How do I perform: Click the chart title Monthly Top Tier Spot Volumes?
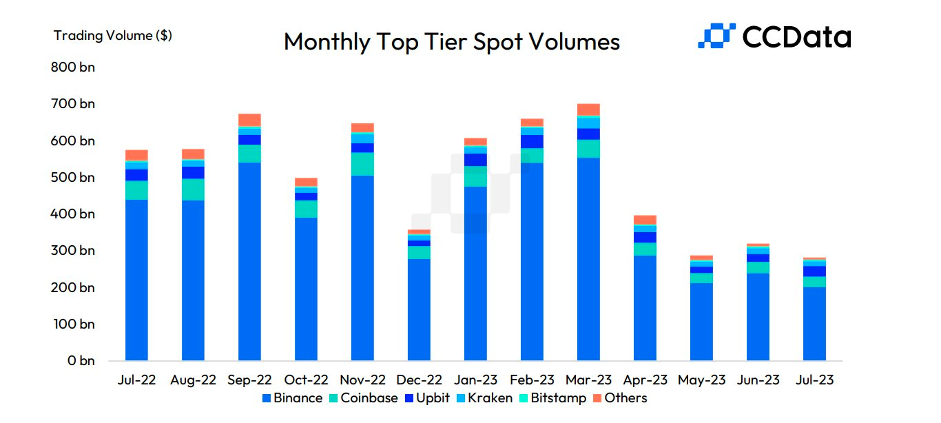click(x=451, y=41)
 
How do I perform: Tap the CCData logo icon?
click(x=716, y=36)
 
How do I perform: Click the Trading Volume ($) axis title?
click(x=112, y=36)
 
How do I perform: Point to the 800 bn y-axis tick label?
click(x=72, y=68)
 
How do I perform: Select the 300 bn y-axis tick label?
click(x=72, y=251)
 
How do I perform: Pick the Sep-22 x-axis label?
click(x=249, y=380)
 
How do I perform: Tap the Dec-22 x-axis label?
click(x=419, y=380)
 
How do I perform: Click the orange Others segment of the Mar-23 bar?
click(x=588, y=110)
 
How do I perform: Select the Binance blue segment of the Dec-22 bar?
click(x=419, y=310)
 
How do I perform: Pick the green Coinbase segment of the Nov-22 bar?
click(x=362, y=164)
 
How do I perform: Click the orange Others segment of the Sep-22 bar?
click(x=249, y=119)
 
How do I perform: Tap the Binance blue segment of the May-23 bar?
click(x=701, y=322)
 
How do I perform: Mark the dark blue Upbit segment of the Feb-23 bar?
click(x=532, y=141)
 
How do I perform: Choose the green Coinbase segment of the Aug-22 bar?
click(x=193, y=189)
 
